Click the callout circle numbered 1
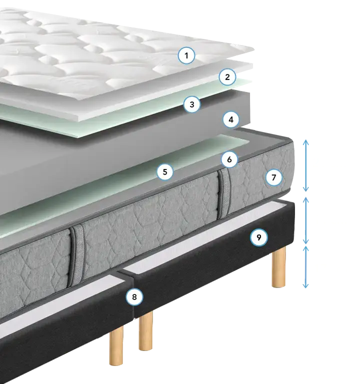pyautogui.click(x=186, y=55)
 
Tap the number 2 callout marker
pyautogui.click(x=227, y=77)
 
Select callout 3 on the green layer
pyautogui.click(x=192, y=104)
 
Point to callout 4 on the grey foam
pyautogui.click(x=231, y=119)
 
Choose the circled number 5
pyautogui.click(x=165, y=171)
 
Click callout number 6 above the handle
pyautogui.click(x=229, y=159)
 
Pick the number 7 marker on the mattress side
pyautogui.click(x=274, y=177)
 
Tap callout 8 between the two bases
pyautogui.click(x=134, y=297)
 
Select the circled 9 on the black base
pyautogui.click(x=259, y=237)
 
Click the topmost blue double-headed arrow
pyautogui.click(x=305, y=165)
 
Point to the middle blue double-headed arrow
pyautogui.click(x=305, y=220)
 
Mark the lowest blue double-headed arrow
pyautogui.click(x=305, y=267)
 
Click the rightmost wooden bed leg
pyautogui.click(x=279, y=267)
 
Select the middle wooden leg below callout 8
pyautogui.click(x=145, y=330)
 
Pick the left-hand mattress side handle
pyautogui.click(x=77, y=256)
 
